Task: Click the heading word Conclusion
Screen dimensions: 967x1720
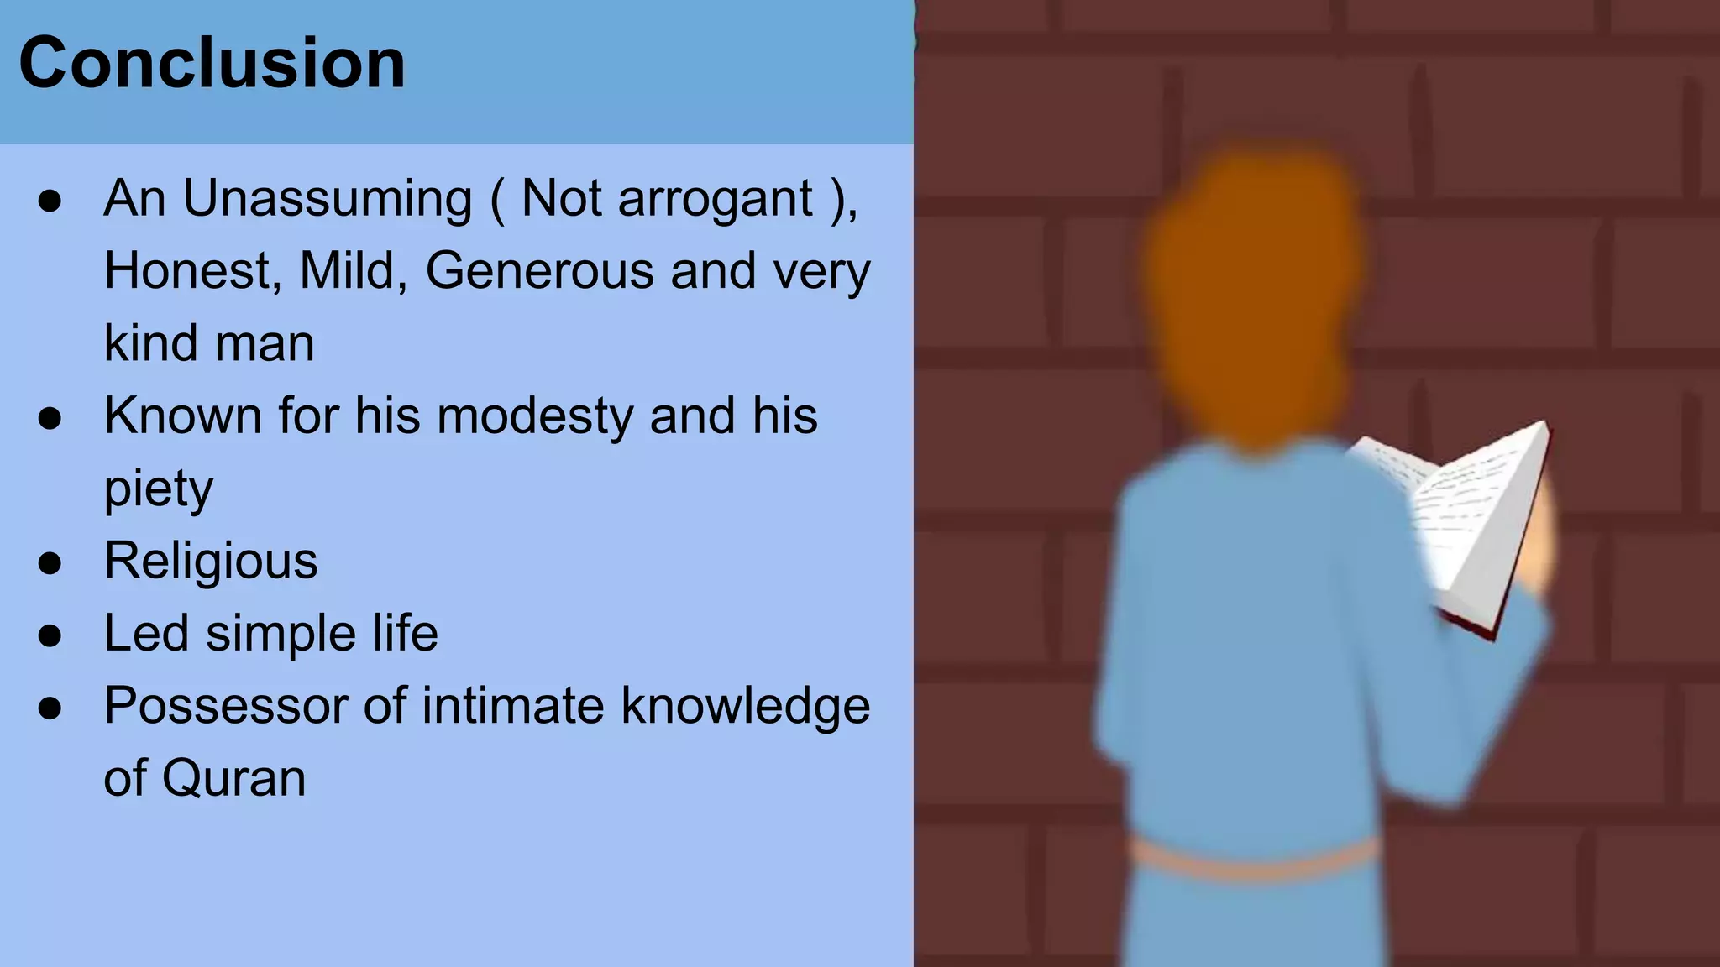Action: pyautogui.click(x=212, y=64)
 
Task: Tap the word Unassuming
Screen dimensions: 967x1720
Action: pyautogui.click(x=328, y=200)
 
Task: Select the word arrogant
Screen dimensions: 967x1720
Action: pyautogui.click(x=715, y=200)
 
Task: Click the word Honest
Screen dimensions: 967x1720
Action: pyautogui.click(x=191, y=271)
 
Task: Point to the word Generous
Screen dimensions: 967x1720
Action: pyautogui.click(x=539, y=271)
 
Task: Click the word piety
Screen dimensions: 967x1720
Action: pyautogui.click(x=158, y=489)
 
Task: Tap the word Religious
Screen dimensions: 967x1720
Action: pyautogui.click(x=211, y=561)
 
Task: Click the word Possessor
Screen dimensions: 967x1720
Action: pyautogui.click(x=225, y=706)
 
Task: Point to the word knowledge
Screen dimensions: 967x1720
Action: pyautogui.click(x=745, y=706)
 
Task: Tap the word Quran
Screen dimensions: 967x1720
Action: pyautogui.click(x=233, y=778)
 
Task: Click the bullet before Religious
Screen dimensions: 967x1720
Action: pyautogui.click(x=50, y=563)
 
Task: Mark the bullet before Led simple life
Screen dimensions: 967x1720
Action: pyautogui.click(x=50, y=635)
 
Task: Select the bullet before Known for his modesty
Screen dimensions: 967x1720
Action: pyautogui.click(x=50, y=418)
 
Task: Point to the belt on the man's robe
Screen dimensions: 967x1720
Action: pyautogui.click(x=1251, y=860)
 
